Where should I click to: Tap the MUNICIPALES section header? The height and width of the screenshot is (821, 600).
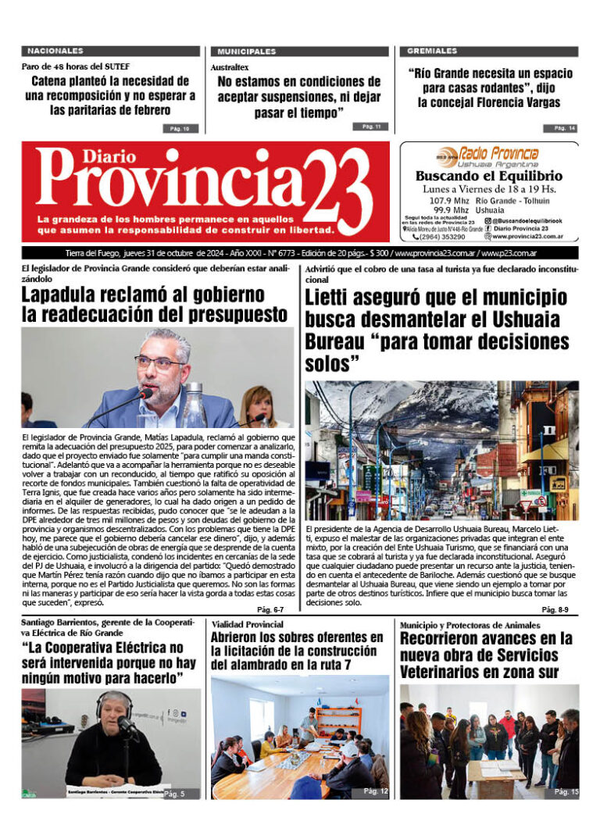[x=247, y=51]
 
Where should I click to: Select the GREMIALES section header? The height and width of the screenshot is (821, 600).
[x=433, y=51]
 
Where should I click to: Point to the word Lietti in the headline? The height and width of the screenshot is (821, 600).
[x=334, y=298]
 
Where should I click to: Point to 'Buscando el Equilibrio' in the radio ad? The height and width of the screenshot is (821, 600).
[x=488, y=177]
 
